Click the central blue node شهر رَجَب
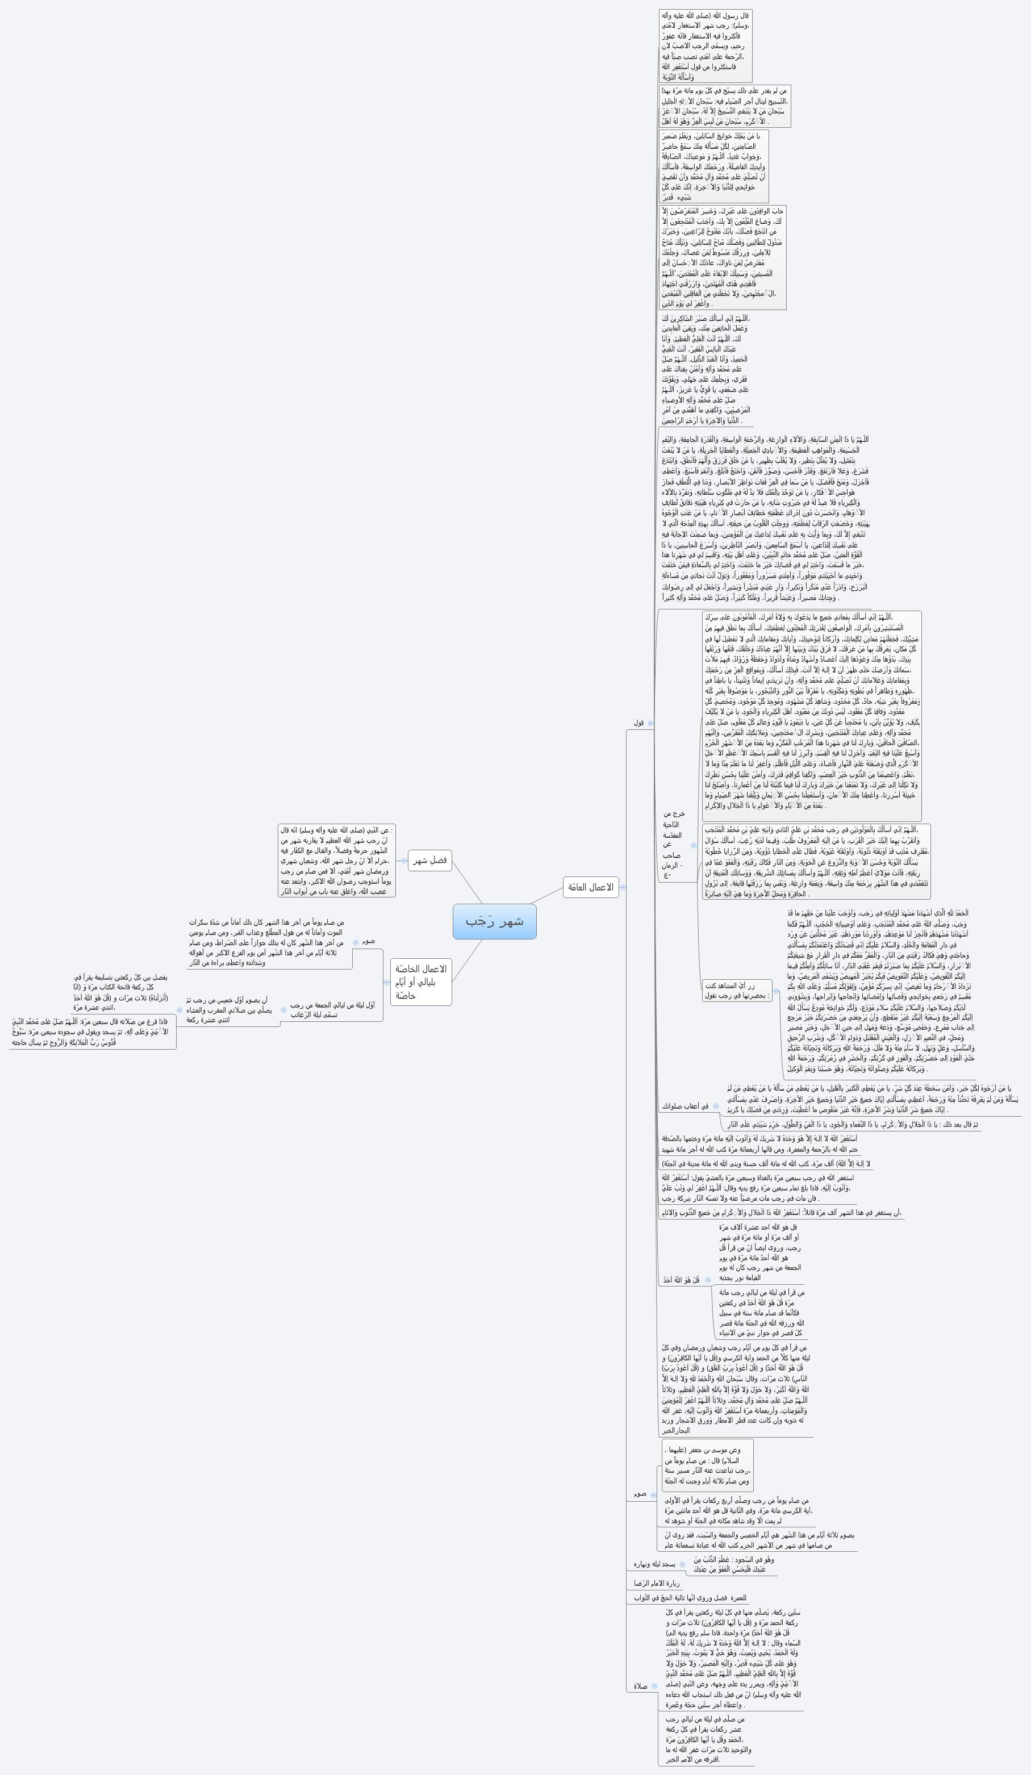point(494,921)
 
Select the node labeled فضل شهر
point(429,860)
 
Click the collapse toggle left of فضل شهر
point(403,861)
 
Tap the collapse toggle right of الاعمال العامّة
point(623,887)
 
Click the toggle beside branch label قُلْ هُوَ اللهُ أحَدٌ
point(708,1280)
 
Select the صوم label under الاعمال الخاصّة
point(368,941)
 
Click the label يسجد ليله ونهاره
point(655,1564)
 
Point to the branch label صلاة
point(641,1686)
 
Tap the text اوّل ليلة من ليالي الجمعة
point(332,1010)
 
